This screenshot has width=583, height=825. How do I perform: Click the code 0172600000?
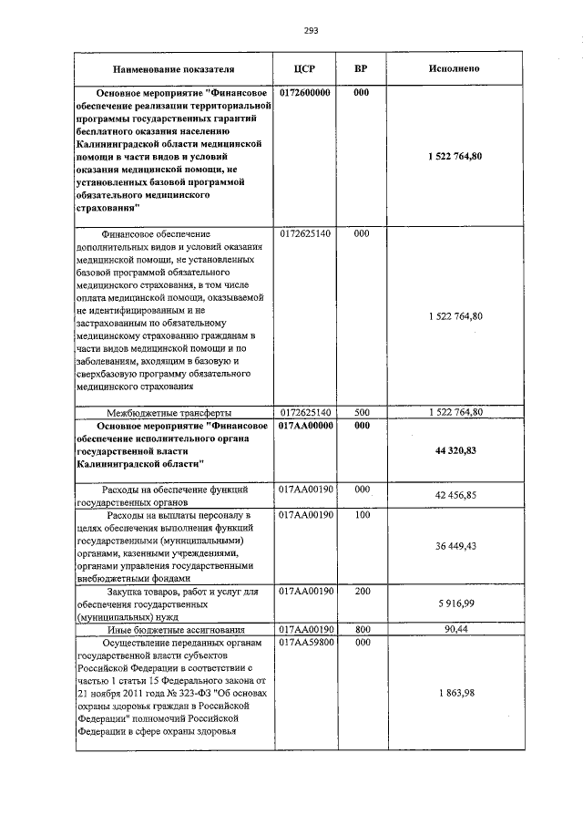[x=305, y=93]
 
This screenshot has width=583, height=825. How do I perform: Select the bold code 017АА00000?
[x=305, y=426]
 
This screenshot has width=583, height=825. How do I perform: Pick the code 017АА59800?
[x=305, y=644]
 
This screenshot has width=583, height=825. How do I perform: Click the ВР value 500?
[x=361, y=413]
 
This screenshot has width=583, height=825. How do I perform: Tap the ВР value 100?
[x=361, y=515]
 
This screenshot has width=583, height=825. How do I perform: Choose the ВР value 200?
[x=361, y=592]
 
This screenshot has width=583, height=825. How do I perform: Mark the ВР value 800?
[x=361, y=630]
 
